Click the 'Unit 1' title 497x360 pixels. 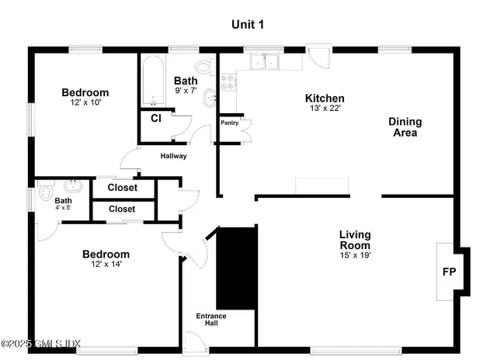[248, 24]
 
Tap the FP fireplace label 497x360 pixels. [448, 272]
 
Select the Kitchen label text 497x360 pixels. [325, 99]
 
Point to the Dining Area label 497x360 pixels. [405, 127]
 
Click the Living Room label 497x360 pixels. [355, 240]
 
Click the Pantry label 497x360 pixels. [229, 123]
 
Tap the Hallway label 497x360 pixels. [173, 156]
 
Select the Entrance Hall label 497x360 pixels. [207, 319]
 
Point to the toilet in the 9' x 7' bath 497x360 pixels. [203, 65]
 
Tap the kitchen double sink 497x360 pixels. [263, 62]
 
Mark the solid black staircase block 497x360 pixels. [235, 266]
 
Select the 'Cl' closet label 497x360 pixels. [155, 118]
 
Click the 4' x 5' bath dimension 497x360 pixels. [62, 207]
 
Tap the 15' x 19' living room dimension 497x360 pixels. [355, 255]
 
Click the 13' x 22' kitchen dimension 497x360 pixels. [325, 109]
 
